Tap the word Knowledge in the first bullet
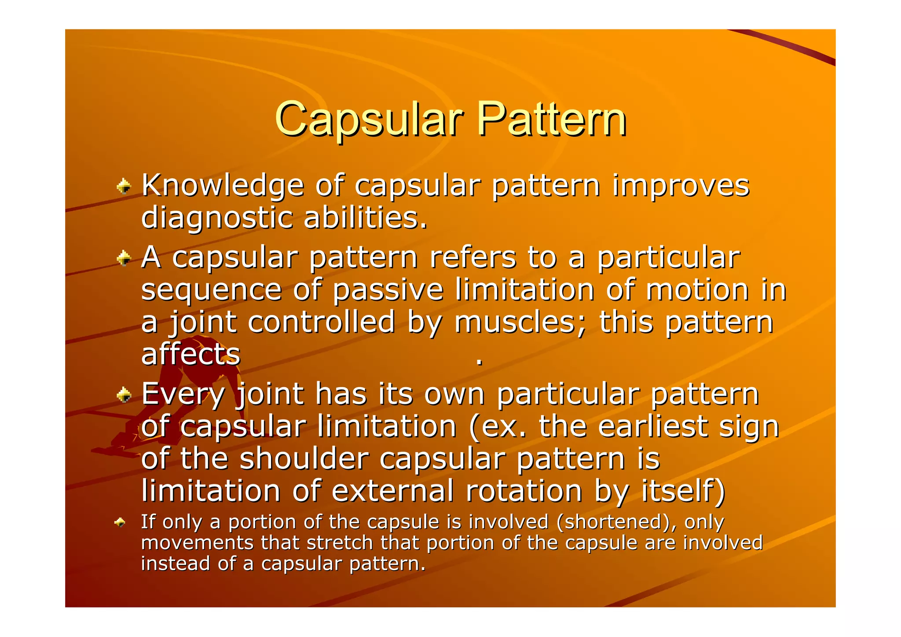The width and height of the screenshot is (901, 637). [x=223, y=186]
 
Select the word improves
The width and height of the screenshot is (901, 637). [x=681, y=186]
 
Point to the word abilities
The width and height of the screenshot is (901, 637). [x=366, y=218]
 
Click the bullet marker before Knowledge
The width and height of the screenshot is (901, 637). [x=124, y=187]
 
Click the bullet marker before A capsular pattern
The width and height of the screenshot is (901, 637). [x=124, y=259]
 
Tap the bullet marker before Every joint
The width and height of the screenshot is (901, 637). [x=124, y=395]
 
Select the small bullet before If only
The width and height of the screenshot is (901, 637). [x=120, y=523]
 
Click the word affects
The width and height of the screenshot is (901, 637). [x=190, y=354]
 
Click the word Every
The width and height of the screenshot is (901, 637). [x=183, y=395]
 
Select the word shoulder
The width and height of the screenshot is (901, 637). [x=304, y=458]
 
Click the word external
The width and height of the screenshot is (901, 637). [x=392, y=491]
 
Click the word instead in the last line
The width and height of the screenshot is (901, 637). [x=176, y=564]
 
